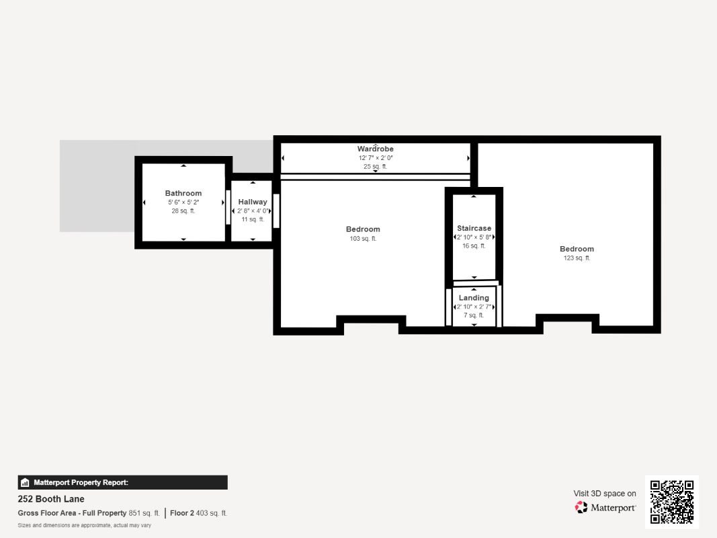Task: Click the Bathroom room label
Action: click(x=183, y=193)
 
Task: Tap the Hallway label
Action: click(x=253, y=202)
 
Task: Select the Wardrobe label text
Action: click(x=376, y=149)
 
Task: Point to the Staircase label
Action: click(x=474, y=228)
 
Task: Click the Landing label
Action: click(x=474, y=298)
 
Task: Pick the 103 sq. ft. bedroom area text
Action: click(x=363, y=238)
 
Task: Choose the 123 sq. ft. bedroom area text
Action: click(x=577, y=258)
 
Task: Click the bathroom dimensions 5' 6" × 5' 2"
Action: click(x=183, y=202)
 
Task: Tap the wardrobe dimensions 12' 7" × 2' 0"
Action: click(x=376, y=158)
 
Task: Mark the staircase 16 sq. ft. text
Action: click(x=474, y=245)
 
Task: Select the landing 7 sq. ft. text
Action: click(x=474, y=315)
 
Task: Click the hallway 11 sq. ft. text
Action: click(x=253, y=219)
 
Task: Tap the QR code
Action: click(x=672, y=502)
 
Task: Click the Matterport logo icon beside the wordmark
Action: click(x=581, y=507)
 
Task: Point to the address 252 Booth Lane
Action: click(x=51, y=499)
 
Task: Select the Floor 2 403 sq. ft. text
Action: click(x=198, y=513)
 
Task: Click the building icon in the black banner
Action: click(x=25, y=483)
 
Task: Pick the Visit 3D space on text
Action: click(x=605, y=494)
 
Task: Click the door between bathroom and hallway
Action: click(x=228, y=206)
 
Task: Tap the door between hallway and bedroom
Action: click(x=276, y=211)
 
